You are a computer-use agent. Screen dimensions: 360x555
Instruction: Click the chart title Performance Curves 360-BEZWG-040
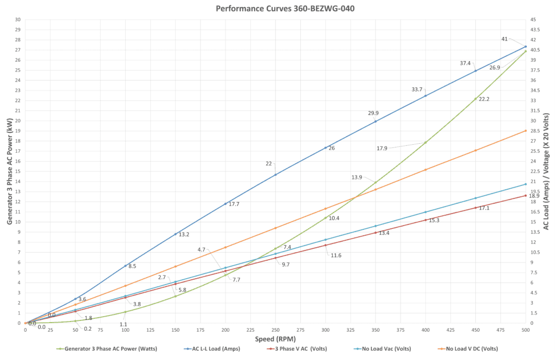(277, 8)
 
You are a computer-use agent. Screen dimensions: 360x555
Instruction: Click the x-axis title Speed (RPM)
(276, 339)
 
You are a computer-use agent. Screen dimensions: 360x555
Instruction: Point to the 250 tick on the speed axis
(275, 330)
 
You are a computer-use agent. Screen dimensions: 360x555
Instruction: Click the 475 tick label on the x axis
(501, 330)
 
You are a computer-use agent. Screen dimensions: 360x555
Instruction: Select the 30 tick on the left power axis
(18, 20)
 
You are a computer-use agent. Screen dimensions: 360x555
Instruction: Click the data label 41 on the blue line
(505, 39)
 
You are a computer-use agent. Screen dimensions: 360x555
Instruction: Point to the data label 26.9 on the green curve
(495, 67)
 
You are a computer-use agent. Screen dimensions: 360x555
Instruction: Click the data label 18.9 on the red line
(534, 196)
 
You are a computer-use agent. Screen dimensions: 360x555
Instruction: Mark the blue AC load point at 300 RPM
(325, 147)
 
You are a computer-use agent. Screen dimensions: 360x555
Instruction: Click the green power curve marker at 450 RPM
(475, 99)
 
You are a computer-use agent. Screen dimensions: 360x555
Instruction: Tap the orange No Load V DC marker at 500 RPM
(525, 131)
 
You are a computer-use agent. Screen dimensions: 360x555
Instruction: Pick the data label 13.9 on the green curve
(357, 177)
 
